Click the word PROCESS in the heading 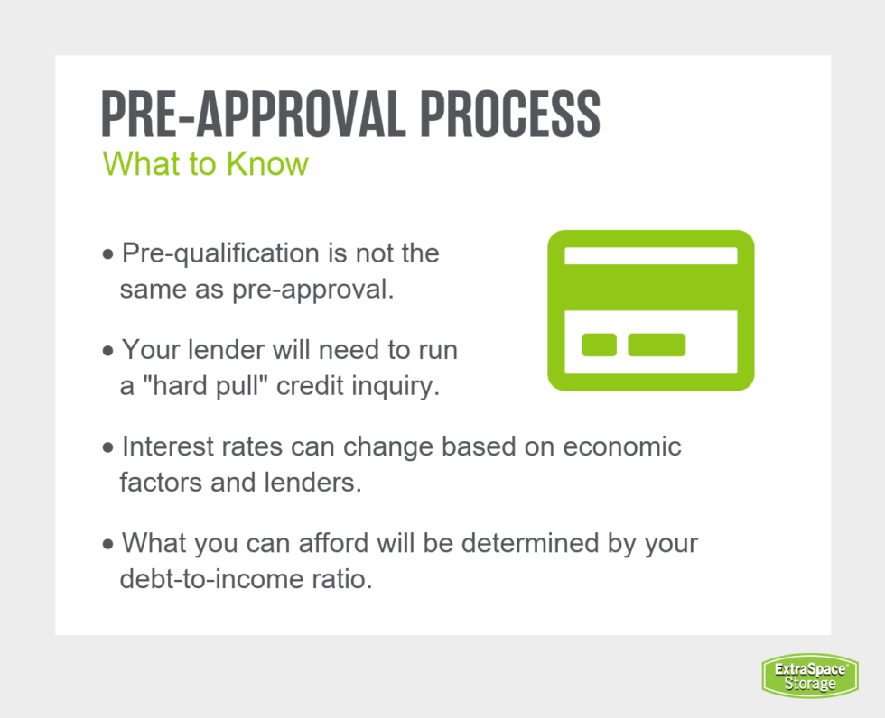[x=510, y=114]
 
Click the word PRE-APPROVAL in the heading [x=254, y=114]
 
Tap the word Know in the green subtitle [x=267, y=164]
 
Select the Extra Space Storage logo [x=810, y=676]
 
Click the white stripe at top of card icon [x=651, y=256]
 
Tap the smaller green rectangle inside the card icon [x=600, y=345]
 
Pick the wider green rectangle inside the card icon [x=657, y=345]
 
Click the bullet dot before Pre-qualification [x=107, y=254]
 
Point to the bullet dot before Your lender [x=107, y=352]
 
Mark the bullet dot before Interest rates [x=107, y=448]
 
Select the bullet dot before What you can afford [x=107, y=545]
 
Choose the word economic [x=622, y=446]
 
